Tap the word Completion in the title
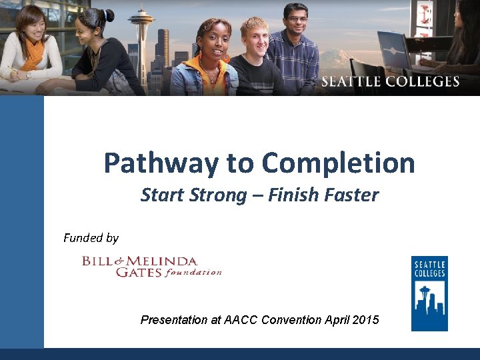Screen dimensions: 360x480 coord(338,163)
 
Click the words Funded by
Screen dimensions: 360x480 coord(91,238)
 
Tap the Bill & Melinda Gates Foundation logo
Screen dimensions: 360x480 coord(151,266)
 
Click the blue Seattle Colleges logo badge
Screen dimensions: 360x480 coord(429,293)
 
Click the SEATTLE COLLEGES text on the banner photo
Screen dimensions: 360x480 coord(390,82)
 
